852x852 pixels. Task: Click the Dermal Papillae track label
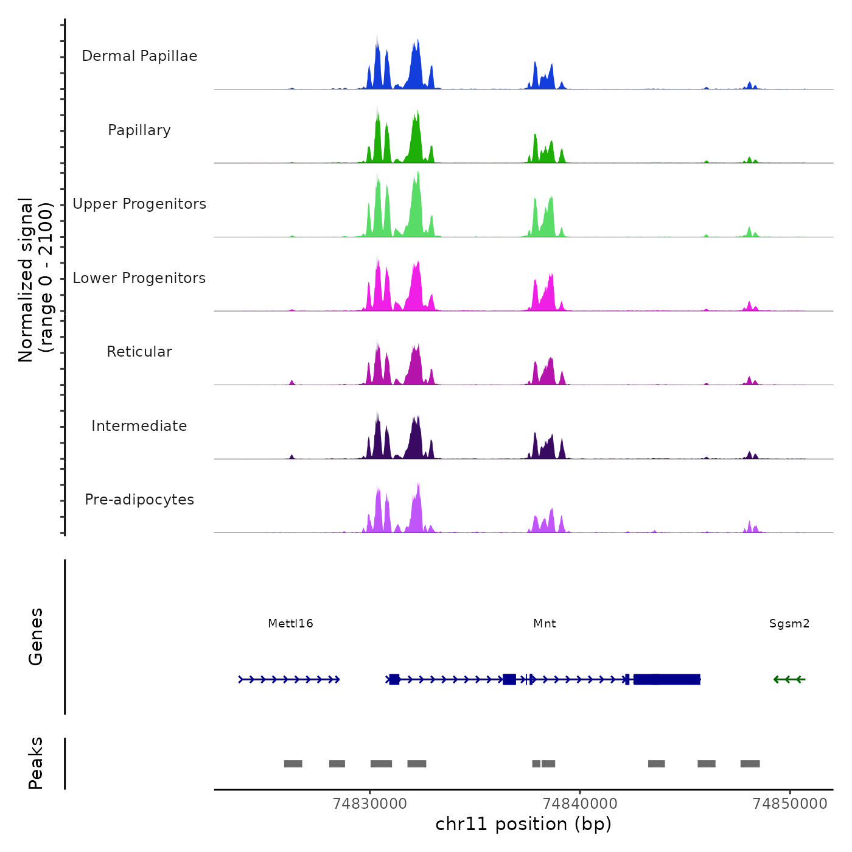pos(139,56)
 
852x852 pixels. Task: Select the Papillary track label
pos(139,130)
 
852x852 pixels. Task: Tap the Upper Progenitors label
pos(139,204)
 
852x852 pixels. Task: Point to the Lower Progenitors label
pos(139,278)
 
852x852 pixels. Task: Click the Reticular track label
pos(139,352)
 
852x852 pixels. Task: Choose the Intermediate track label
pos(139,426)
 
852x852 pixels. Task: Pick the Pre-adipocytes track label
pos(139,500)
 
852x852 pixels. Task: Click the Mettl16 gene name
pos(290,623)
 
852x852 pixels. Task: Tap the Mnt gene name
pos(545,623)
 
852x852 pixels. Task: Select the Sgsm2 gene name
pos(789,623)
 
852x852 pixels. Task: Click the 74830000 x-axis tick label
pos(370,803)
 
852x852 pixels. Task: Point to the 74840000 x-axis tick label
pos(580,803)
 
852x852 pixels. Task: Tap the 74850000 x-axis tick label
pos(790,803)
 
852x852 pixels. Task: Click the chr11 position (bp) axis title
pos(523,824)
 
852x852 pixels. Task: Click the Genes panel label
pos(36,637)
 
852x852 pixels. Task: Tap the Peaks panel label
pos(36,763)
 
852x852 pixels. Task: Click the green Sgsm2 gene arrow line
pos(789,679)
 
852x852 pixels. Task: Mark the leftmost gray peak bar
pos(293,764)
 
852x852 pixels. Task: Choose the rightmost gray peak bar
pos(750,764)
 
